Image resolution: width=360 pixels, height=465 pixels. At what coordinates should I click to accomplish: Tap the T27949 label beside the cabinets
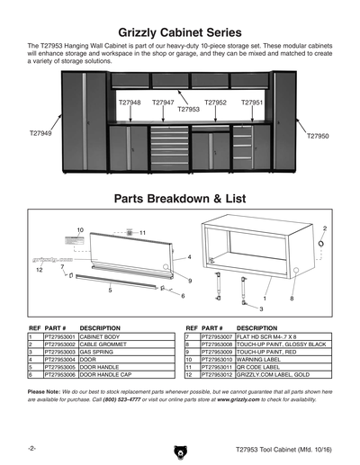pyautogui.click(x=40, y=133)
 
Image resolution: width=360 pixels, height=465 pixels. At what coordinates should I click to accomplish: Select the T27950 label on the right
pyautogui.click(x=319, y=136)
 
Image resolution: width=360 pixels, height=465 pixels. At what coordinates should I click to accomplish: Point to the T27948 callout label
pyautogui.click(x=130, y=103)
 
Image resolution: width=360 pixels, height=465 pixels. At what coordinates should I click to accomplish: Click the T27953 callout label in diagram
pyautogui.click(x=188, y=110)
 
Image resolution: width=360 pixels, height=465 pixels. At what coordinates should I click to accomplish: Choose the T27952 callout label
pyautogui.click(x=215, y=103)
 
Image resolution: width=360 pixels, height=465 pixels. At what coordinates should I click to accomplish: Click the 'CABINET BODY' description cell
pyautogui.click(x=99, y=336)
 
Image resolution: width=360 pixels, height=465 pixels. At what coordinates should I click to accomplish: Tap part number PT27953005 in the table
pyautogui.click(x=55, y=367)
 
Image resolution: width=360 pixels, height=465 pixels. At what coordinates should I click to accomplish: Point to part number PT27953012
pyautogui.click(x=216, y=375)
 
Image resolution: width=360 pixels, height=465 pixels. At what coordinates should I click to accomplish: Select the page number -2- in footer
pyautogui.click(x=31, y=447)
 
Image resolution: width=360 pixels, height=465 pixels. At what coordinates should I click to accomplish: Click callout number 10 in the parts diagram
pyautogui.click(x=80, y=230)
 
